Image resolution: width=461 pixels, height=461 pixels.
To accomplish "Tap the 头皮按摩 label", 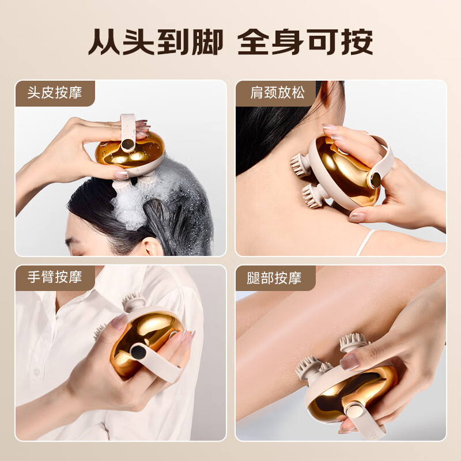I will click(55, 93).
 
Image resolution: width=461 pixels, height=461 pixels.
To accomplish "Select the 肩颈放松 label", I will click(275, 93).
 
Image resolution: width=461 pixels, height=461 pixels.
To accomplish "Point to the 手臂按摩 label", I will click(55, 277).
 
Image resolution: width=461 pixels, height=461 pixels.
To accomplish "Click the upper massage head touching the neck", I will click(300, 164).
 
